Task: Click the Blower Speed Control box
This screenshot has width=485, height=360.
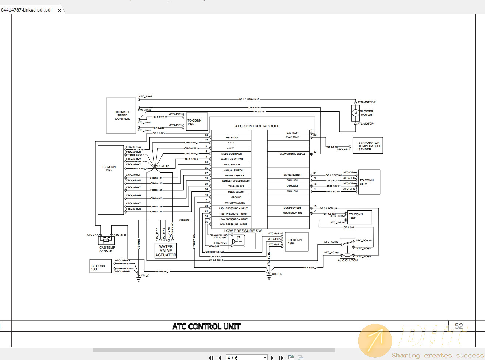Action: [x=121, y=115]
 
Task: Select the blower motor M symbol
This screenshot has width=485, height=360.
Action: [x=355, y=113]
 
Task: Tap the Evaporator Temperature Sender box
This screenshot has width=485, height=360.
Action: [x=368, y=146]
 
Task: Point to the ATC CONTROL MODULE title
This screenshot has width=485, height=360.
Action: [x=257, y=126]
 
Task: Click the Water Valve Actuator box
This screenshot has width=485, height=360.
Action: [x=166, y=251]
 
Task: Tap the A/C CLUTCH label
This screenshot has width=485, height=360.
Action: [x=347, y=260]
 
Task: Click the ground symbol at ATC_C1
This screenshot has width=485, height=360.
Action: [x=138, y=279]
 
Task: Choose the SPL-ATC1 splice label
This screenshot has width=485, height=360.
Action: [x=163, y=166]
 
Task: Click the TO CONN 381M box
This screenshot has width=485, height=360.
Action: [x=369, y=182]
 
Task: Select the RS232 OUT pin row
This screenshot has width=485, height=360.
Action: [x=232, y=138]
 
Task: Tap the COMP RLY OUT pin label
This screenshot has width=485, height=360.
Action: [x=292, y=208]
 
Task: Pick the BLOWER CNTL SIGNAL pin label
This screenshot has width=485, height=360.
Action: [x=292, y=154]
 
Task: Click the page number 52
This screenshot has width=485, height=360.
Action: [x=459, y=326]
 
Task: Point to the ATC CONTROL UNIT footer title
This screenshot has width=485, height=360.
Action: [x=206, y=326]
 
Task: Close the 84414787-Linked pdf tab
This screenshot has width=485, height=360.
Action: [x=60, y=10]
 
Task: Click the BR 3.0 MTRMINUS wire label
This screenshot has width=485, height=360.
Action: [x=249, y=99]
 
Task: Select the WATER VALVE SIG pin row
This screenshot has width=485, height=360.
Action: [x=234, y=203]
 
